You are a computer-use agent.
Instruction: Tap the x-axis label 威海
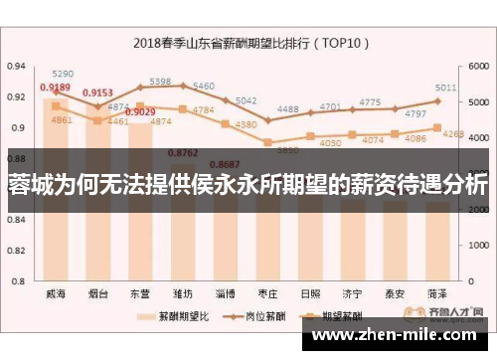(x=56, y=294)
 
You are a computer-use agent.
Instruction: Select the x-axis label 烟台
(x=98, y=294)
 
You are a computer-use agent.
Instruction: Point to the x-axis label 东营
(x=140, y=294)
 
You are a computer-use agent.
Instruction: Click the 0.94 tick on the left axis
(x=17, y=66)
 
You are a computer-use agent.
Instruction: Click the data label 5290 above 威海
(x=63, y=74)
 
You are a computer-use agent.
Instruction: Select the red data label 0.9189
(x=55, y=88)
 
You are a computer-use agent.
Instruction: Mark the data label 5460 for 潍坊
(x=203, y=86)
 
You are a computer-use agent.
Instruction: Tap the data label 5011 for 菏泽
(x=445, y=88)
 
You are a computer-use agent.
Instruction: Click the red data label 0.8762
(x=184, y=152)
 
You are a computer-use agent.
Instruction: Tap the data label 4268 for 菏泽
(x=453, y=133)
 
